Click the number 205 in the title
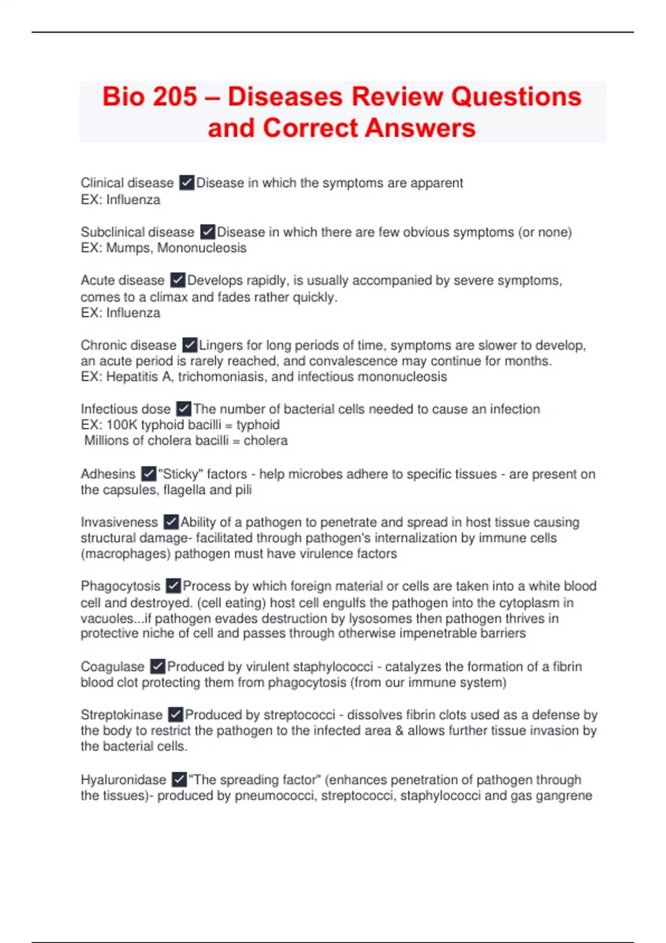174,97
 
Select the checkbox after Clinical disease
186,182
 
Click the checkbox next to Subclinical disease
207,231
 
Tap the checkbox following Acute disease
178,280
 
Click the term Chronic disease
128,345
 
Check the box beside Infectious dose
184,409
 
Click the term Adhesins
108,474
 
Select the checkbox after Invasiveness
171,522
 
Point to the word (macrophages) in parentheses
125,553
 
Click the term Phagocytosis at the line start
120,586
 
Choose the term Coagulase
112,666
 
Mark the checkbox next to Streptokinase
175,714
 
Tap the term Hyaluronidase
123,779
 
